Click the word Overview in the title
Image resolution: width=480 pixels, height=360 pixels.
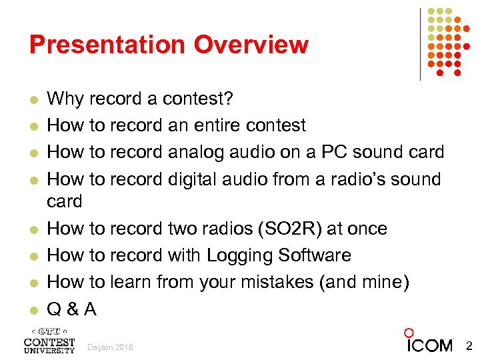(251, 45)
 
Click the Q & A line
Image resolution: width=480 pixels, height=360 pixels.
(72, 309)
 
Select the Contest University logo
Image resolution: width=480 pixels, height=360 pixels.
(49, 340)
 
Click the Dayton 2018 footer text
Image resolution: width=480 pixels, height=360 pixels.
(110, 347)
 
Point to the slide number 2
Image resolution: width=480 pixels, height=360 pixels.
(468, 345)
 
